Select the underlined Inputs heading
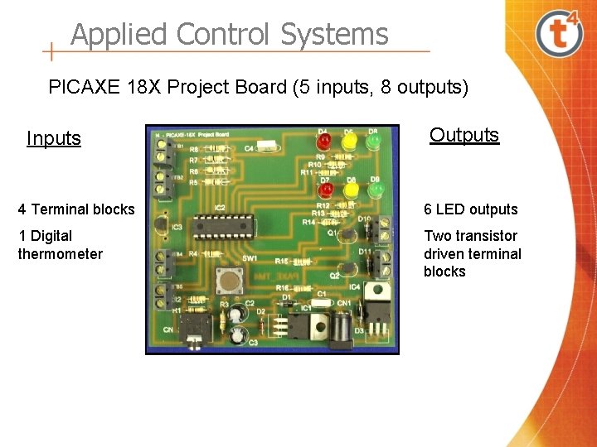pos(54,138)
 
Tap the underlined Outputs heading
pos(464,135)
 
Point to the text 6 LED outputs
pos(471,209)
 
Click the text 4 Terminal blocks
pos(76,209)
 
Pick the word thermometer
pos(61,254)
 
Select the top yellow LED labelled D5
pos(348,142)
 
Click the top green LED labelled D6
pos(374,142)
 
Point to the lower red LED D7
pos(325,191)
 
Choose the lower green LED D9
pos(376,191)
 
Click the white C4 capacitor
pos(265,147)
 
